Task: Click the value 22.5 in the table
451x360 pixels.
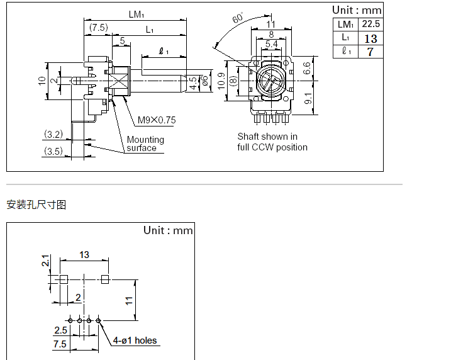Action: (370, 24)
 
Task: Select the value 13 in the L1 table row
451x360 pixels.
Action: (370, 38)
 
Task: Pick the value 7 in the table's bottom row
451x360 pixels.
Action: (370, 52)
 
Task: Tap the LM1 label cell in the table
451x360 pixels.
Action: (345, 24)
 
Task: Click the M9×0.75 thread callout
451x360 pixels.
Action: (157, 120)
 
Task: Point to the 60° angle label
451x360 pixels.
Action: (237, 18)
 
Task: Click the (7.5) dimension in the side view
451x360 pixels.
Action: (98, 28)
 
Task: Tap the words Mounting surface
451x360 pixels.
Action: (145, 143)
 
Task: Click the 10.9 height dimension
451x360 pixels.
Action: (221, 81)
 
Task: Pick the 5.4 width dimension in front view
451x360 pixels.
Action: (271, 43)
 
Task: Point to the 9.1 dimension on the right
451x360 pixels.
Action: (306, 98)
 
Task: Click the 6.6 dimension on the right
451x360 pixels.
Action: (306, 68)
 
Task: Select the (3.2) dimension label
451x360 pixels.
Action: (53, 134)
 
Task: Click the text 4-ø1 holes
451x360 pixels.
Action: (135, 340)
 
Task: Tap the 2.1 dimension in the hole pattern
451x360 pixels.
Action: (45, 261)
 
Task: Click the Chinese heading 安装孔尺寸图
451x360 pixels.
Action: (36, 205)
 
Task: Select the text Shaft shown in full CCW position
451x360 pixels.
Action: (272, 142)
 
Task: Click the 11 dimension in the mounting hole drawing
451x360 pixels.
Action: (128, 300)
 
